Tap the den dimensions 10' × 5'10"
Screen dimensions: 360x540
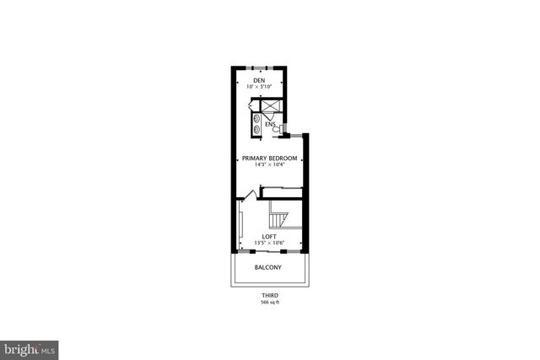point(260,87)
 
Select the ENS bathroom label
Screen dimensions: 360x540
point(270,125)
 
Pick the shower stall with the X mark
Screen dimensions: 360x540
point(272,110)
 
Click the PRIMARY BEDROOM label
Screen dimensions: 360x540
point(269,159)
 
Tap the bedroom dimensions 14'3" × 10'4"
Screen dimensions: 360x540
point(269,166)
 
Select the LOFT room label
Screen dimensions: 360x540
point(269,236)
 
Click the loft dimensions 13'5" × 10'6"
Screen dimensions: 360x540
point(269,243)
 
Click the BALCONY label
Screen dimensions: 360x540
point(268,268)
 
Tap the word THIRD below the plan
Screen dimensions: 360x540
point(269,295)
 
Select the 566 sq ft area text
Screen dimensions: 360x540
point(269,302)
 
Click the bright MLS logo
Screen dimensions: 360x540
point(29,347)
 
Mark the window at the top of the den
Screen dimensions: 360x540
point(260,67)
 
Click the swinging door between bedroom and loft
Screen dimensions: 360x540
point(247,196)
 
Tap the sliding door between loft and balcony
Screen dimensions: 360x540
point(269,251)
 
